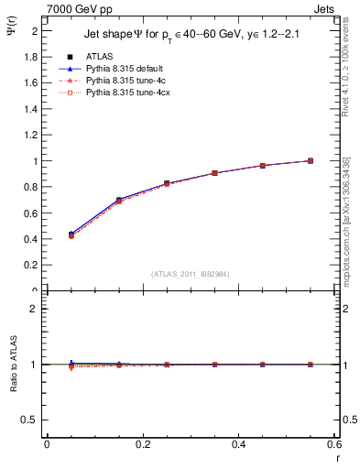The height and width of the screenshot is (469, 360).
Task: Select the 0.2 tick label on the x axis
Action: coord(142,445)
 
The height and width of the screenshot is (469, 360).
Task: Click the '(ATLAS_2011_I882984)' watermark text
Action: coord(191,273)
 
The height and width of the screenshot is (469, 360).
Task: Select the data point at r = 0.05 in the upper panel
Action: coord(71,234)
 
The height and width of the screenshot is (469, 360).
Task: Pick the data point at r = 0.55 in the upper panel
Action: coord(311,160)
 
